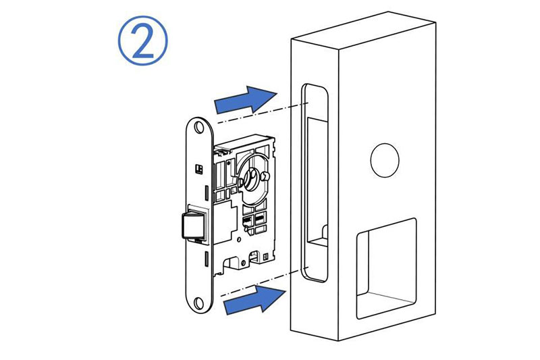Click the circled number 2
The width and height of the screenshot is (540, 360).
[142, 41]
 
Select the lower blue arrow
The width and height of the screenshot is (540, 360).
[255, 299]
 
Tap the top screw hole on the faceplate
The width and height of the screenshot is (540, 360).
[198, 127]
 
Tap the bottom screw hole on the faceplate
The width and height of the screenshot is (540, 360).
[198, 303]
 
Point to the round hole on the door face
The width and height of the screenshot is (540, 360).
[385, 161]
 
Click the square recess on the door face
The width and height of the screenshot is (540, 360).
[386, 268]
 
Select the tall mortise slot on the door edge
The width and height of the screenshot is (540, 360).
[315, 182]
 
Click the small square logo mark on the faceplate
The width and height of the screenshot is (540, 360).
[198, 168]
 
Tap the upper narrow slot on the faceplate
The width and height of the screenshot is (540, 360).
[207, 194]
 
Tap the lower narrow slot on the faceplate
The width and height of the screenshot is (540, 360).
[207, 259]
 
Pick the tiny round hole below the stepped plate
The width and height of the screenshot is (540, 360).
[240, 238]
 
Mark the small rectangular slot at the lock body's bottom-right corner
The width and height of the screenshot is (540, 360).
[265, 257]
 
